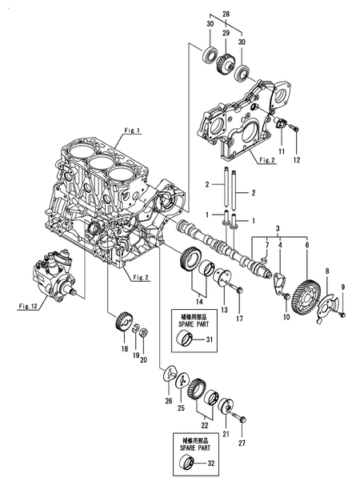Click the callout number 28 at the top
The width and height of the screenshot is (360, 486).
click(226, 14)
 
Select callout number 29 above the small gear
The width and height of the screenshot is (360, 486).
click(226, 33)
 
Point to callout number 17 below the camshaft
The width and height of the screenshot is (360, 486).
click(238, 320)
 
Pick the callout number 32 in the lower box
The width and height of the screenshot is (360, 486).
click(210, 462)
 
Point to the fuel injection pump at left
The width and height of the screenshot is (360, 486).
click(54, 272)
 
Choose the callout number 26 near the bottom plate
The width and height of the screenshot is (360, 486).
click(168, 400)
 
